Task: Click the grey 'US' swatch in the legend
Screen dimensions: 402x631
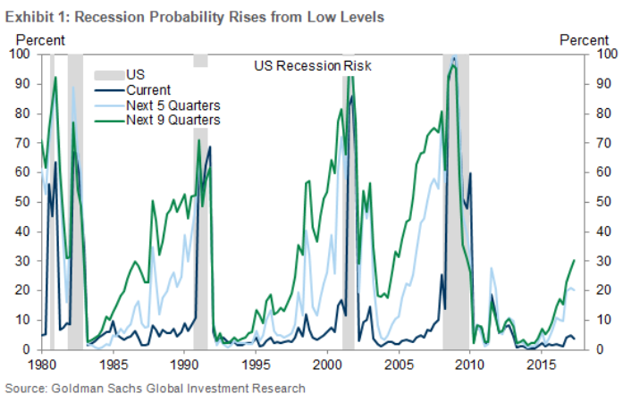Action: point(109,75)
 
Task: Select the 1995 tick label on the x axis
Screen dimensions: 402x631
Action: point(256,364)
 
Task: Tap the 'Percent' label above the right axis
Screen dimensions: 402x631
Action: point(583,39)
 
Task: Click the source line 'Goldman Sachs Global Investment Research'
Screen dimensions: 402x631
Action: point(156,388)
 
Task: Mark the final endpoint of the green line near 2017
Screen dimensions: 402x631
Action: point(574,260)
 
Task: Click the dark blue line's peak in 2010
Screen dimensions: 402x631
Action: point(470,173)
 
